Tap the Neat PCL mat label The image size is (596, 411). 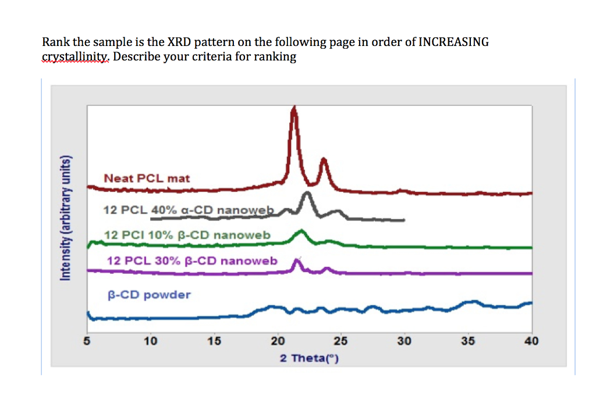click(147, 178)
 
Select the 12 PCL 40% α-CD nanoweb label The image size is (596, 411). click(188, 210)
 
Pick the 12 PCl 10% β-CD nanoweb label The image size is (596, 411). click(187, 235)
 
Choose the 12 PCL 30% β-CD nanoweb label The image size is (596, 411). click(193, 260)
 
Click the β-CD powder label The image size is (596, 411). click(148, 295)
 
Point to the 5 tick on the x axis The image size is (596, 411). click(87, 341)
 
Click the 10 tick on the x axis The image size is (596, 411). click(151, 341)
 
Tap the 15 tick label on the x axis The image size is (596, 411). click(214, 341)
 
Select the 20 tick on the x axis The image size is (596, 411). click(278, 341)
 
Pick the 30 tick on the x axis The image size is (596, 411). click(405, 341)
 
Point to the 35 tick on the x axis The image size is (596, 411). click(468, 341)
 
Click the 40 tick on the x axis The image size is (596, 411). click(531, 341)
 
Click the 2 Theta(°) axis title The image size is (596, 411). click(309, 358)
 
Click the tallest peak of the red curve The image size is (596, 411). click(294, 109)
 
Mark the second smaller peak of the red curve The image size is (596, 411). click(324, 160)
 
